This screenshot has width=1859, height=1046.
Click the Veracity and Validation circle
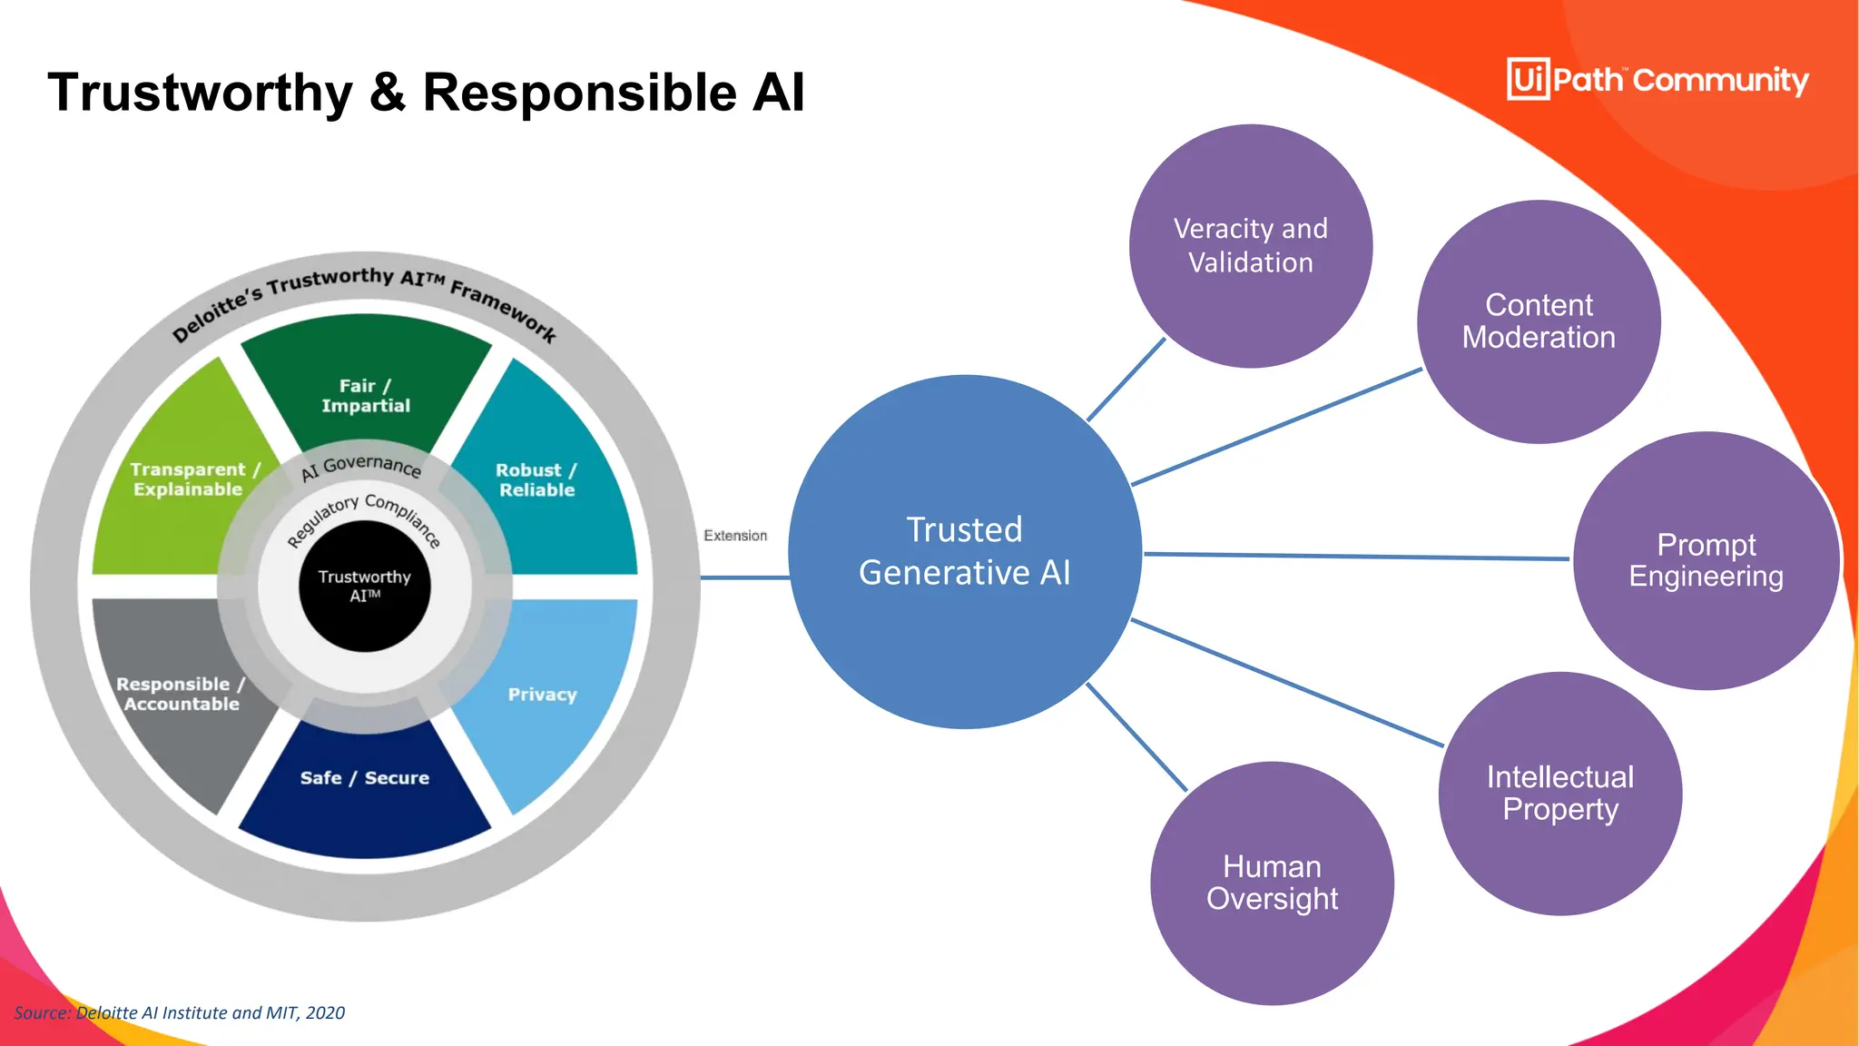tap(1250, 246)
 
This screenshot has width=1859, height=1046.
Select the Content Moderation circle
tap(1539, 321)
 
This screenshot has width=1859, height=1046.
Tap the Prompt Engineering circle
tap(1706, 560)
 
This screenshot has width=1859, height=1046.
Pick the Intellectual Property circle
tap(1559, 793)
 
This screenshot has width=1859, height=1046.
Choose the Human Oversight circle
tap(1272, 883)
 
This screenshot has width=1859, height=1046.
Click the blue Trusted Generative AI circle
tap(964, 551)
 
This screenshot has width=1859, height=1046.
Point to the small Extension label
tap(734, 536)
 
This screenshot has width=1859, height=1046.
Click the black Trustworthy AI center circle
tap(364, 586)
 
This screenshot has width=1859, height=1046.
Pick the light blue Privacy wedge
tap(543, 695)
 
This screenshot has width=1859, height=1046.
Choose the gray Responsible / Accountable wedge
tap(180, 695)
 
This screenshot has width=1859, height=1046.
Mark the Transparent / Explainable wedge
tap(188, 480)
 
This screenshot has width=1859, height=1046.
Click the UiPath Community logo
tap(1657, 80)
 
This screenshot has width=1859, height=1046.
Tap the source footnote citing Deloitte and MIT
tap(180, 1012)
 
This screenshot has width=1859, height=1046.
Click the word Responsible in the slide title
tap(579, 93)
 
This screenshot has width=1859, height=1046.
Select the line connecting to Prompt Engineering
tap(1356, 557)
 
